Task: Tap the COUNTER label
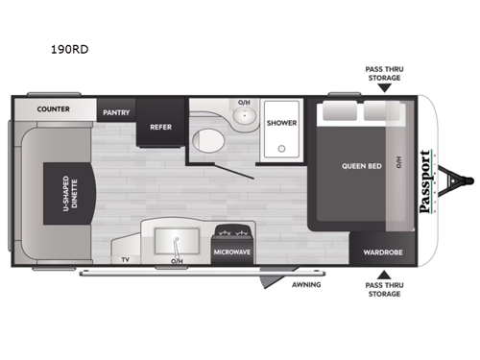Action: [54, 109]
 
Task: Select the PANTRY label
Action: [117, 112]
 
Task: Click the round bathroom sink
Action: [245, 116]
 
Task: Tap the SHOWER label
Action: [281, 123]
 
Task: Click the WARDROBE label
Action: [381, 253]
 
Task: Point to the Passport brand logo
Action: [425, 180]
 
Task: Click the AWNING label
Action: [306, 285]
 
